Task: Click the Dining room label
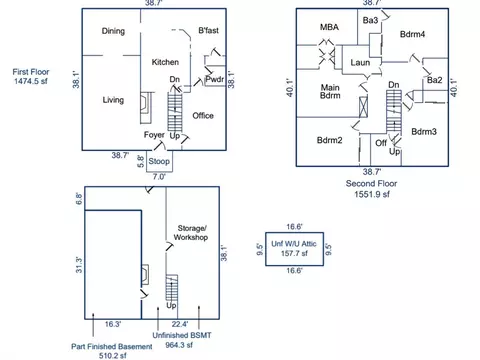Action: point(113,31)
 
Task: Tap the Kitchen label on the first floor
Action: point(165,62)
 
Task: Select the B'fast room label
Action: point(209,30)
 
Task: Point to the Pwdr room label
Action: point(215,79)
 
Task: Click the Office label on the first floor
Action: point(203,116)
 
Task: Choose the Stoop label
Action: point(159,161)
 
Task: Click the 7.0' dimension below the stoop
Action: point(159,177)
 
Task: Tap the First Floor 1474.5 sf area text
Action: point(31,76)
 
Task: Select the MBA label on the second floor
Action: point(329,27)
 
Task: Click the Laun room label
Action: point(360,62)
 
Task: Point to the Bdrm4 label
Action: point(412,34)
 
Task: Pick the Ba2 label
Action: point(435,80)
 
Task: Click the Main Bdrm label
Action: point(330,91)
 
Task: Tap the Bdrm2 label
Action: point(329,140)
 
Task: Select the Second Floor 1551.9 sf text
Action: point(371,189)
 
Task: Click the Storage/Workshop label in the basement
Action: point(191,233)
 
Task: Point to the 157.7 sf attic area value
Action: point(294,253)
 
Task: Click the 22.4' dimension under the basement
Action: point(180,324)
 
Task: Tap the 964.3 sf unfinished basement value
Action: point(179,345)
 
